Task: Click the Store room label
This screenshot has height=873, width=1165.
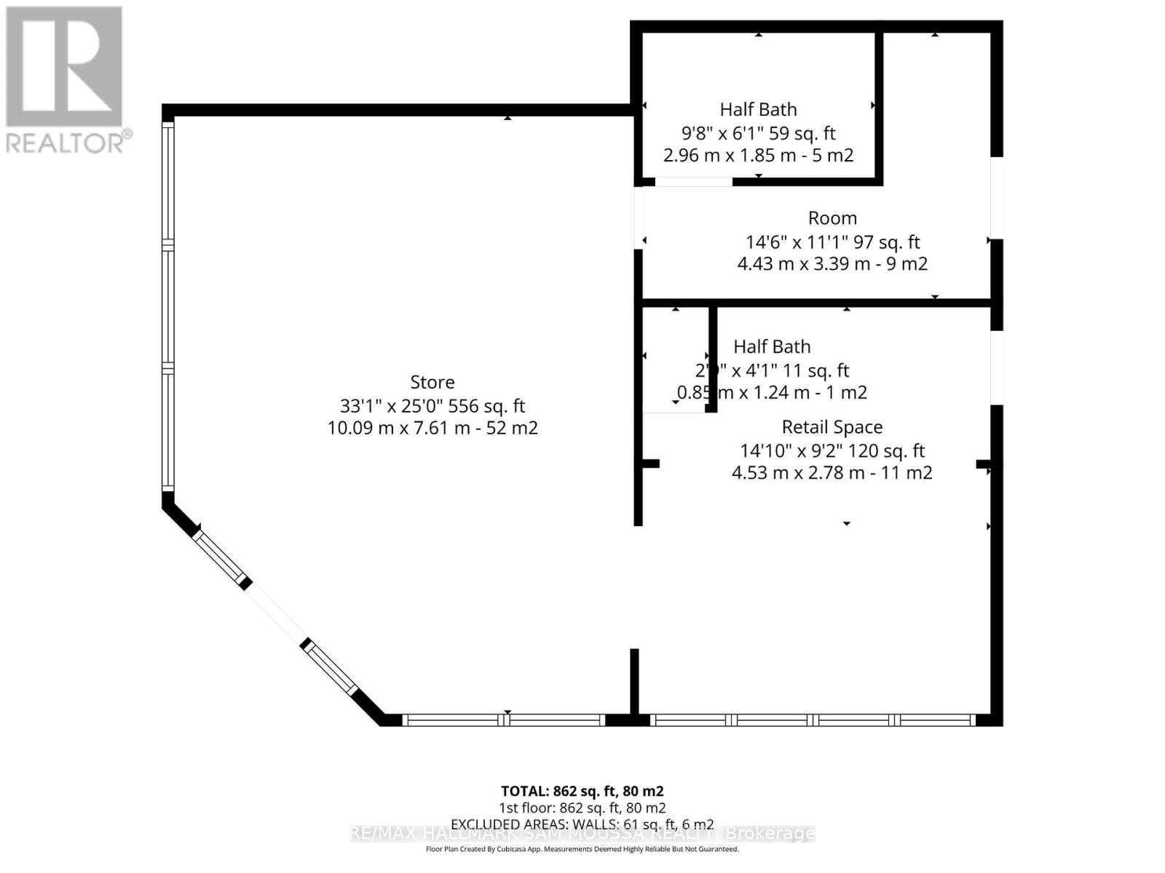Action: coord(433,382)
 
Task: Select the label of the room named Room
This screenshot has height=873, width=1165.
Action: coord(832,218)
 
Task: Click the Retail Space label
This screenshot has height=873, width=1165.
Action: coord(832,427)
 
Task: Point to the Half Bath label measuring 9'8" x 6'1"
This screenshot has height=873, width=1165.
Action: coord(758,110)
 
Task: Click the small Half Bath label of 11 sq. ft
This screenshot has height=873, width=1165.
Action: coord(772,347)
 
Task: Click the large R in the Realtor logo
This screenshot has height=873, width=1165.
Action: coord(64,65)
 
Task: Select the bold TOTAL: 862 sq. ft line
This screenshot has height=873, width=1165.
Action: coord(582,791)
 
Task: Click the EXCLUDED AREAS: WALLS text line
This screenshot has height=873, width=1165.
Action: coord(582,824)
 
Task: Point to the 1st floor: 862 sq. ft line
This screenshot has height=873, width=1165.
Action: coord(582,808)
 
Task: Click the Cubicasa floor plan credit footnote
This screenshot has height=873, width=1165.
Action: coord(582,849)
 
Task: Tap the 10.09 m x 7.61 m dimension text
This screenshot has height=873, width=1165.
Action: coord(433,428)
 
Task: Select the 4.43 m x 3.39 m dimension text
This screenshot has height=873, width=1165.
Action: coord(832,263)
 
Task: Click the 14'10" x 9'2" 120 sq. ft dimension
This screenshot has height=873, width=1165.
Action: coord(832,450)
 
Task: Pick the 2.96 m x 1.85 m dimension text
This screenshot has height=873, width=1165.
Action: coord(758,155)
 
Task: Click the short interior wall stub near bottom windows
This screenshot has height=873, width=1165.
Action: coord(634,680)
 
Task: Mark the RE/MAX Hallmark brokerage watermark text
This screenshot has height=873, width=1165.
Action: coord(582,834)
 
